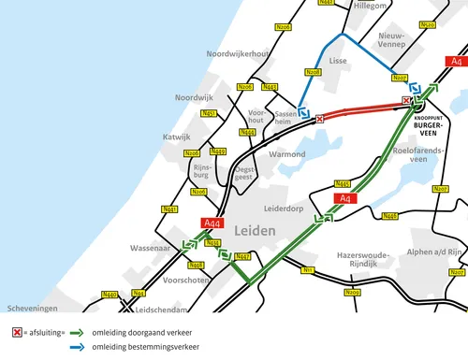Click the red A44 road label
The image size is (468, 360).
213,223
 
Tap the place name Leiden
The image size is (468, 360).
255,230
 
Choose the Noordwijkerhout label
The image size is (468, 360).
238,53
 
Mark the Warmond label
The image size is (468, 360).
286,153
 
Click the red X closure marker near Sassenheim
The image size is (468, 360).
320,119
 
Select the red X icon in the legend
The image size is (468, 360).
16,333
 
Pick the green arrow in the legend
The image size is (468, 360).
77,333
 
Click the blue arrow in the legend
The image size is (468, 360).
77,348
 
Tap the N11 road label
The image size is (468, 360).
305,270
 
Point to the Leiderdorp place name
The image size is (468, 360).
287,210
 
